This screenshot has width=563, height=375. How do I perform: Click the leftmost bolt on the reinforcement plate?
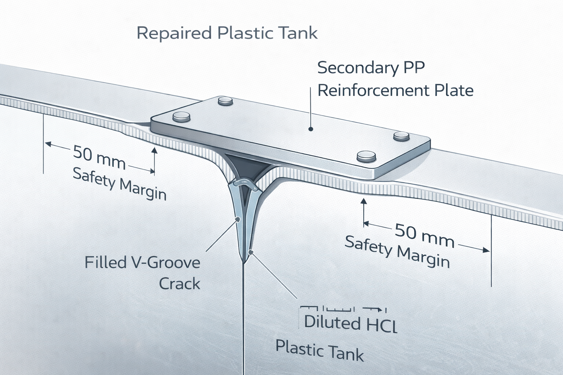[x=181, y=117]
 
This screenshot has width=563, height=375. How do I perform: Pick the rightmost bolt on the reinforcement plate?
[x=401, y=136]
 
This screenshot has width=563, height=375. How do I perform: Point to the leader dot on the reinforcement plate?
[x=311, y=129]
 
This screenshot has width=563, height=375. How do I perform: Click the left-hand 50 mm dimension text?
[x=99, y=157]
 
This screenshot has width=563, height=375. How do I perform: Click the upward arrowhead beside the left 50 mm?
[x=154, y=151]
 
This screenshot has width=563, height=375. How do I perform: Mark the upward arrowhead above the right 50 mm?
[x=364, y=201]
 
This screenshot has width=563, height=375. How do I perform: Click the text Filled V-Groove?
[x=142, y=263]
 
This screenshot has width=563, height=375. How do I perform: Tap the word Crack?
[x=180, y=284]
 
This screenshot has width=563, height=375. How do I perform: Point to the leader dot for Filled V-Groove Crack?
[x=237, y=219]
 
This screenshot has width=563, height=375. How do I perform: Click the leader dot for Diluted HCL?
[x=250, y=252]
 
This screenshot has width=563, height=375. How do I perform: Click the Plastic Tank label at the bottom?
[x=320, y=350]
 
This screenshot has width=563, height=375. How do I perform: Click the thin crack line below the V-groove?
[x=243, y=319]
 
